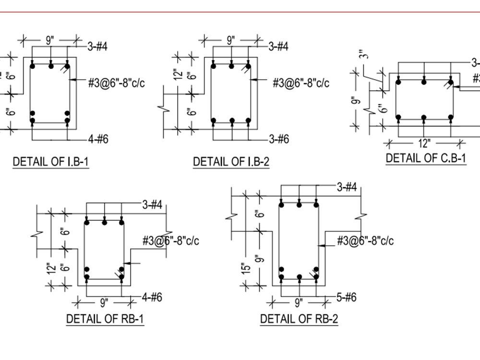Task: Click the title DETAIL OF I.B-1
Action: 50,161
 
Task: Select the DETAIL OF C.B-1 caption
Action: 426,158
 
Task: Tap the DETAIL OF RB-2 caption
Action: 299,318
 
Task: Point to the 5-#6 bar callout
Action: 346,298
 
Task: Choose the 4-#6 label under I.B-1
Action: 98,139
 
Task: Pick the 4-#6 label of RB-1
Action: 152,298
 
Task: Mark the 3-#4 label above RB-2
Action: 347,187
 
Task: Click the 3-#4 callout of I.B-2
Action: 278,47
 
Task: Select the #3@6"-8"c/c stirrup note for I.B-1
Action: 116,83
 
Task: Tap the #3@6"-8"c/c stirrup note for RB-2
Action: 365,240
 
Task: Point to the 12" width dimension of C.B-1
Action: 425,143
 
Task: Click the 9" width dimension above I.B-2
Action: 231,40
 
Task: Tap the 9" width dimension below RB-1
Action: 104,302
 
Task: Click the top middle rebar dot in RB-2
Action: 299,205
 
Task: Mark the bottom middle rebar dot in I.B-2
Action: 231,120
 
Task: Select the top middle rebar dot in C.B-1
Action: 424,82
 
